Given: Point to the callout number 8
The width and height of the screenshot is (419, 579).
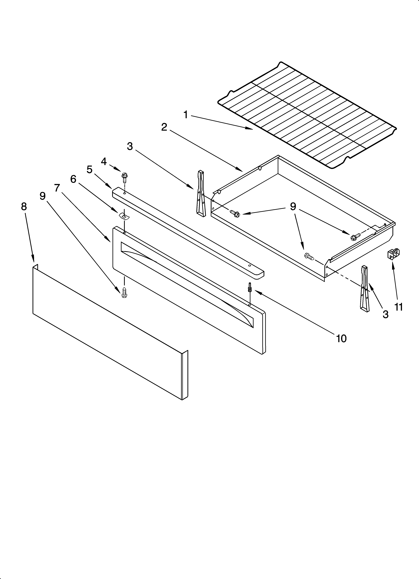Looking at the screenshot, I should point(24,207).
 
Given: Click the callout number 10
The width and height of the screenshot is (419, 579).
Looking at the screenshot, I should point(341,339).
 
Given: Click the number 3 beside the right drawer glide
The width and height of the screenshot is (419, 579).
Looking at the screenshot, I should point(385,314).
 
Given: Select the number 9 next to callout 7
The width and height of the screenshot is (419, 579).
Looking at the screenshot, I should point(43,196).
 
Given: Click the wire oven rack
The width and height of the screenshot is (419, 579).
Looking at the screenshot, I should point(306,115).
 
